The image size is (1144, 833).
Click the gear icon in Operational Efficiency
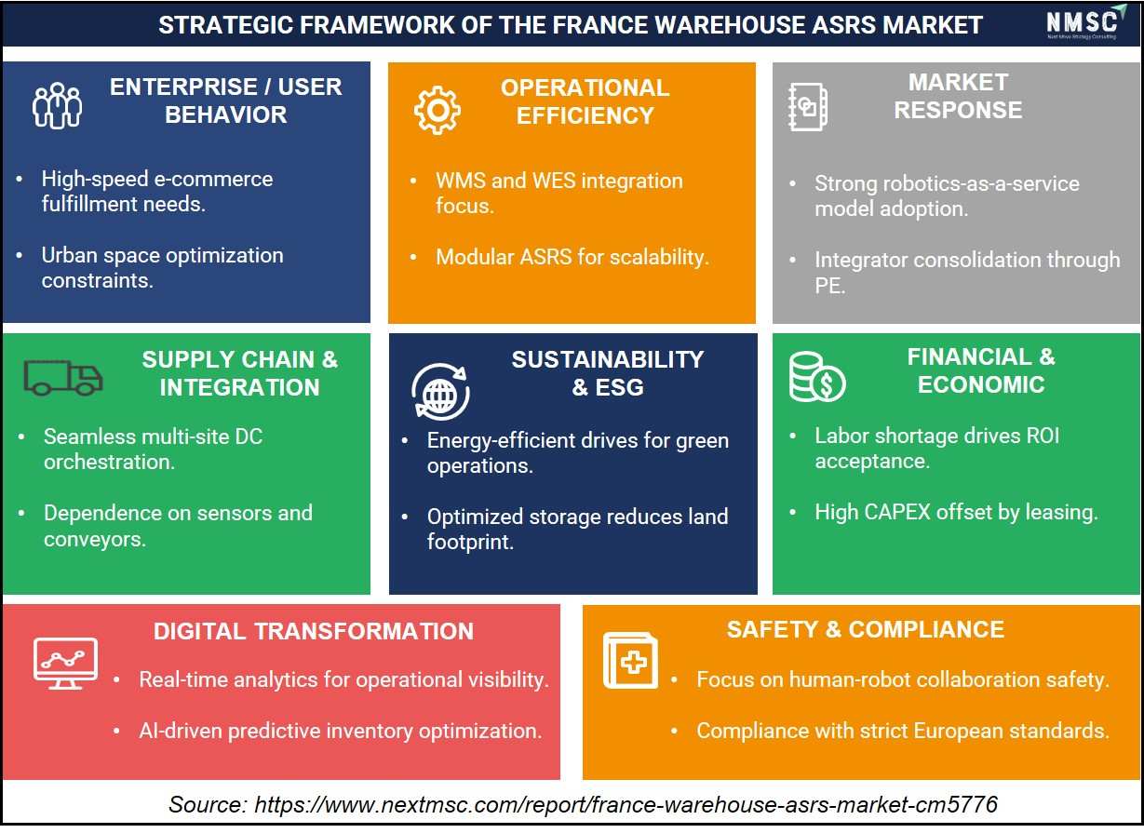point(437,110)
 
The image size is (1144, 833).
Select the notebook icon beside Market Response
point(808,107)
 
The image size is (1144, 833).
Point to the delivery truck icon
point(63,378)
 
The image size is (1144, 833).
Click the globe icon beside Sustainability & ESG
point(440,392)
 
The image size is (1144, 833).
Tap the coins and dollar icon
point(817,377)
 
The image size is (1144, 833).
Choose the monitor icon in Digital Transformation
point(65,664)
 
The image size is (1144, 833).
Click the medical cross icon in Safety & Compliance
point(631,661)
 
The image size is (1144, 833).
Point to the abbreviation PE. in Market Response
point(830,286)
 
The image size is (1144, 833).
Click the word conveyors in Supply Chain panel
point(95,539)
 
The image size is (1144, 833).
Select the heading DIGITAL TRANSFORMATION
point(314,631)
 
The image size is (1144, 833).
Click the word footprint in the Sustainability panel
point(470,542)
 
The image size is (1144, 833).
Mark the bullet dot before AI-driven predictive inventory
point(116,732)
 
